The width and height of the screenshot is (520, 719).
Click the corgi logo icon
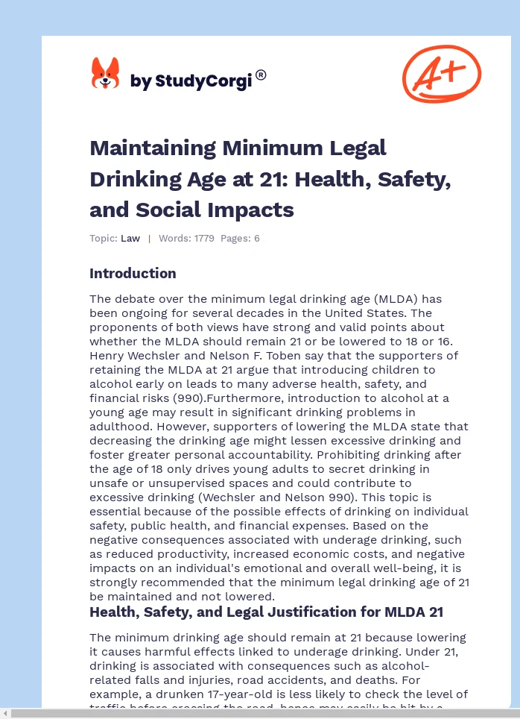coord(105,74)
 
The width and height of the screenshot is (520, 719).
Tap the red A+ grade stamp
coord(441,73)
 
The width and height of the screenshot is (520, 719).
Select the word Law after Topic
coord(130,239)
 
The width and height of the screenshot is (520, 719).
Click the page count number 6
coord(256,239)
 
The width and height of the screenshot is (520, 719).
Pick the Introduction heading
coord(133,273)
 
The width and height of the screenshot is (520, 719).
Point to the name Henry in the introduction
coord(109,356)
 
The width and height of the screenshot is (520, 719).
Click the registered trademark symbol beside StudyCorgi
coord(261,75)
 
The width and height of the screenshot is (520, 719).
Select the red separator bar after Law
coord(149,239)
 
